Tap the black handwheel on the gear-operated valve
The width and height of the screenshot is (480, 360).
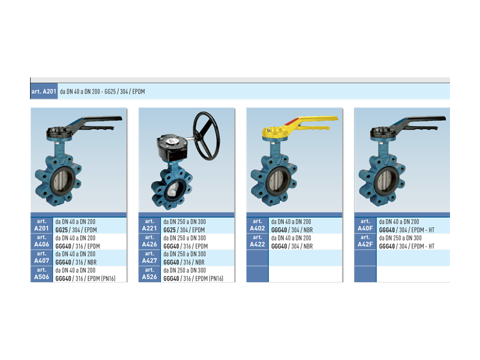click(x=206, y=136)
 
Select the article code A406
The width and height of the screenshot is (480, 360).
click(x=41, y=244)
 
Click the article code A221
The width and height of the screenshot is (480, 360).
click(x=149, y=228)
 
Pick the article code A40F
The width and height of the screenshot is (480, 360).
click(x=365, y=228)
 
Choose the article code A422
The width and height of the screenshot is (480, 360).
click(x=257, y=244)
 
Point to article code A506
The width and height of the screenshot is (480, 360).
click(x=41, y=277)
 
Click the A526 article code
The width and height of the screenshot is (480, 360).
click(x=149, y=277)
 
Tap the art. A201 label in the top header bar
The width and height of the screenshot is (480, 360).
click(x=44, y=92)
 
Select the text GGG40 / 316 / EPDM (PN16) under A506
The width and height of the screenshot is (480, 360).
click(x=85, y=278)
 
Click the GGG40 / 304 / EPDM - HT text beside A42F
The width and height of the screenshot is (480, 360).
click(x=407, y=246)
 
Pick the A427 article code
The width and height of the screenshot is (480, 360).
click(x=149, y=260)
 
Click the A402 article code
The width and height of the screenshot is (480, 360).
click(x=257, y=228)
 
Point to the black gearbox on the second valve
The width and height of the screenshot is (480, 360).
click(x=172, y=147)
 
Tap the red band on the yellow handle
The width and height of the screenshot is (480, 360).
click(x=292, y=121)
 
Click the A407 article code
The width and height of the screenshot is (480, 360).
click(x=41, y=260)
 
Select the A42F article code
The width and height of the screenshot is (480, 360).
click(x=365, y=244)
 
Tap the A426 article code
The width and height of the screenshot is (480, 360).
click(x=149, y=244)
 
